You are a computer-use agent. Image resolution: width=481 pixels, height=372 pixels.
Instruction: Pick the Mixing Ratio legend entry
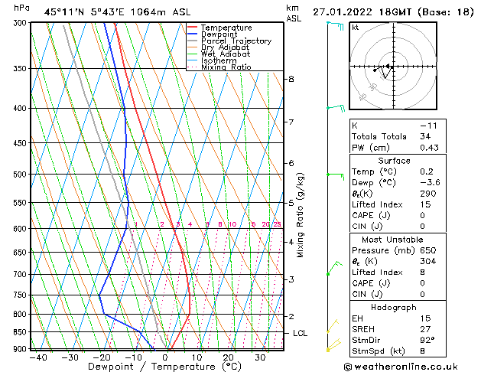point(226,67)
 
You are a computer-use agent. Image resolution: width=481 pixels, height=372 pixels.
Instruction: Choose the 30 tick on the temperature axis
point(260,357)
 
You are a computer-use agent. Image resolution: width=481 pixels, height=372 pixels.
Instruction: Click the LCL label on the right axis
point(301,334)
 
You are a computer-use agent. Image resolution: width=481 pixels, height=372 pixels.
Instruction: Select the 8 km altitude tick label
point(291,79)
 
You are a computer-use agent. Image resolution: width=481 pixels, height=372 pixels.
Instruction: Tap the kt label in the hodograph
point(356,27)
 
